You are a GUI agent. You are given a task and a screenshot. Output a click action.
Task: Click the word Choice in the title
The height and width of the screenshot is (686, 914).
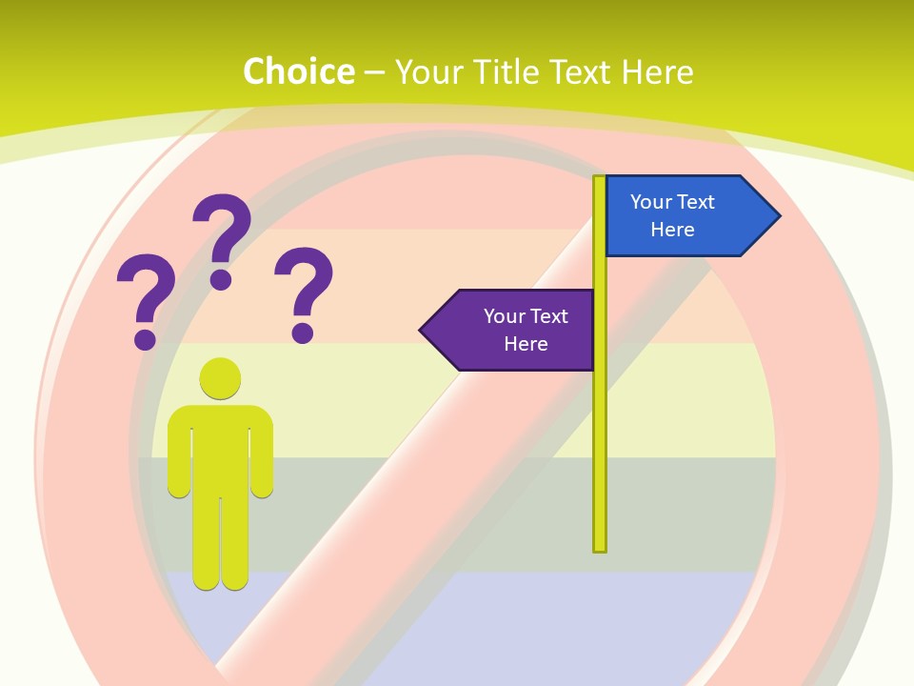pyautogui.click(x=298, y=71)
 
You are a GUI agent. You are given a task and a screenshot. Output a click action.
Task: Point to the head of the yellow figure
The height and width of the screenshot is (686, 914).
pyautogui.click(x=220, y=378)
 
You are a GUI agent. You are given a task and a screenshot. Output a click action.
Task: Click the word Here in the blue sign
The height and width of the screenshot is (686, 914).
pyautogui.click(x=672, y=230)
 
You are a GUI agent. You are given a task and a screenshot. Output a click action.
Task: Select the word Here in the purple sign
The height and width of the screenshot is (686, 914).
pyautogui.click(x=526, y=344)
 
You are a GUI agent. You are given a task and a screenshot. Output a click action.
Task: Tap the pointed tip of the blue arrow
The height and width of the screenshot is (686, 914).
pyautogui.click(x=778, y=216)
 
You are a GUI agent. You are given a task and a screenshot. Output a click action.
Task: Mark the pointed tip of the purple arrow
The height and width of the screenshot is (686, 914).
pyautogui.click(x=422, y=331)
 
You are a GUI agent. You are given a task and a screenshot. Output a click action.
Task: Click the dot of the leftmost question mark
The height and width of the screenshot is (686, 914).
pyautogui.click(x=145, y=338)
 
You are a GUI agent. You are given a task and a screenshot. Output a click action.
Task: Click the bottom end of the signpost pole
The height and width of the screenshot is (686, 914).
pyautogui.click(x=600, y=548)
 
